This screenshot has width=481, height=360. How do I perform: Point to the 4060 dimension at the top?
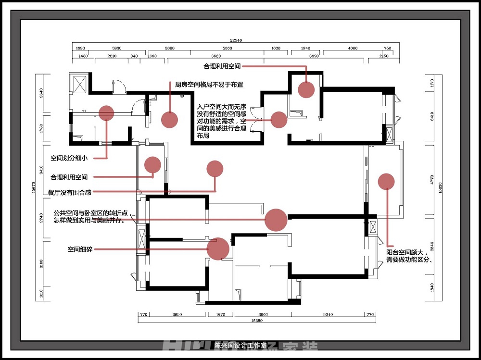(x=353, y=49)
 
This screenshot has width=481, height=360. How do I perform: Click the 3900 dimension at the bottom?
(x=263, y=314)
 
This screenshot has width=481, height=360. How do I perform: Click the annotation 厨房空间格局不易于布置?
(x=209, y=85)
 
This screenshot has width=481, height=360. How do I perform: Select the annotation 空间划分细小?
(x=69, y=158)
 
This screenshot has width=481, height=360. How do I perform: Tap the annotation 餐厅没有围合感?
(x=69, y=192)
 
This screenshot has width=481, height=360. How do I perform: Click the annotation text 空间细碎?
(x=80, y=249)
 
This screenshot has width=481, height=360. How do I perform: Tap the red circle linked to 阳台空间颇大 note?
(x=386, y=181)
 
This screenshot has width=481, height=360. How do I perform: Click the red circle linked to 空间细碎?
(x=217, y=249)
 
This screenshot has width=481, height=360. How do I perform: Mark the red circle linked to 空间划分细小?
(x=106, y=113)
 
